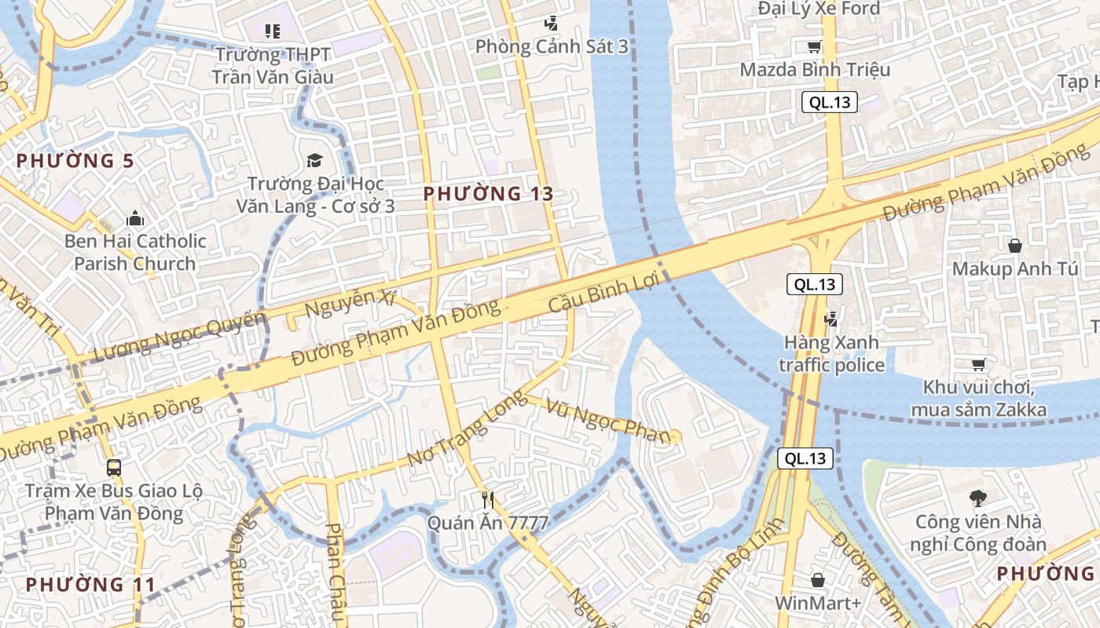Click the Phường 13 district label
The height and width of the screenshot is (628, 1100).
click(488, 193)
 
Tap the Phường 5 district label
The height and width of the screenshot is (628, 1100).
click(75, 161)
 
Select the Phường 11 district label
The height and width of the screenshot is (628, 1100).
click(91, 585)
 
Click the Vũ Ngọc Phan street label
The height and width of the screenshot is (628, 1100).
click(610, 422)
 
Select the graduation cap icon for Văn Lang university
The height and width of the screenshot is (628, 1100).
click(314, 161)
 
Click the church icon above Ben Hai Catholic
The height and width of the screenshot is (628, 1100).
click(134, 217)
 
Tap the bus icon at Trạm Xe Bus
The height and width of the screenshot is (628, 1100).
click(114, 468)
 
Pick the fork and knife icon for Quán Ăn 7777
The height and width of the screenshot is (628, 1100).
click(487, 499)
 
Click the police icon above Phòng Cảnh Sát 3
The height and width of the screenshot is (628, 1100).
click(552, 24)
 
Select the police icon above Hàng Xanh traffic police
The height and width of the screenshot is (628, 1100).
click(830, 319)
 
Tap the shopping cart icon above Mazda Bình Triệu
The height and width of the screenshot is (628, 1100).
click(815, 46)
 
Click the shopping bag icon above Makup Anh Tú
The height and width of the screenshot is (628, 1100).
click(1014, 246)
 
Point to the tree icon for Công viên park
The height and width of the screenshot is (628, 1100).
click(978, 497)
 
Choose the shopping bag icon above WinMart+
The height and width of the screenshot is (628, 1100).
click(817, 580)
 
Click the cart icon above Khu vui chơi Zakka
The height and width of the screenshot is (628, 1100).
click(978, 364)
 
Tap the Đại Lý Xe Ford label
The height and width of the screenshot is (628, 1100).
click(819, 9)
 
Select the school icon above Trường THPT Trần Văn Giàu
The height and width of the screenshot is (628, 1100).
click(272, 31)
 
